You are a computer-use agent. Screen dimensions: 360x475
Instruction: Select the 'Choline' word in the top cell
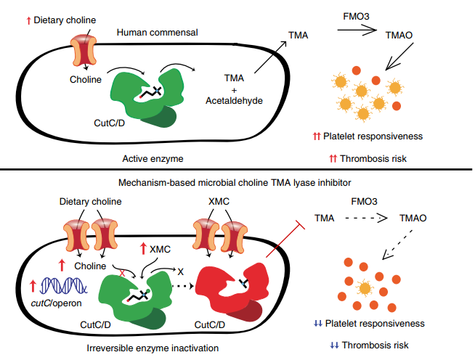click(85, 80)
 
